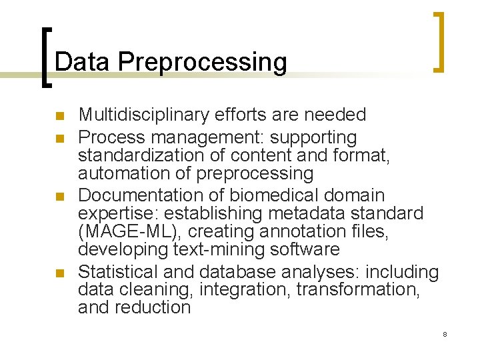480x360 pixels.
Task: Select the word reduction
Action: (153, 308)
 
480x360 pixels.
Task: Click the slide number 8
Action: (445, 334)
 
